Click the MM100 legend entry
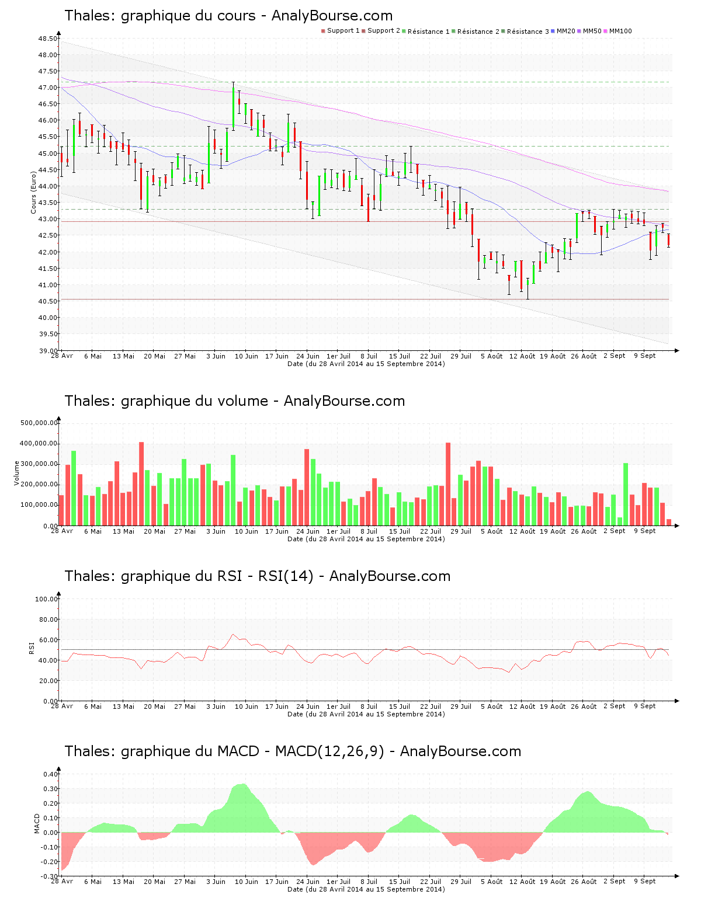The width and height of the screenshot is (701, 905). click(x=620, y=31)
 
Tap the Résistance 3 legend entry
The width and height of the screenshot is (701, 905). click(x=528, y=31)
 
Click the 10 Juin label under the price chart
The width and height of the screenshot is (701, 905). click(x=246, y=356)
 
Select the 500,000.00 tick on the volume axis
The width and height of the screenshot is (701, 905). click(x=39, y=423)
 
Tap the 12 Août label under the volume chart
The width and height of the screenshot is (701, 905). click(x=522, y=531)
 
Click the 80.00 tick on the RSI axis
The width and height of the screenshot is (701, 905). click(x=46, y=619)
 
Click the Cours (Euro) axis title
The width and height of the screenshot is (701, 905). click(x=33, y=192)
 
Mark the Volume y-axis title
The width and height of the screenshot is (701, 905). click(x=16, y=473)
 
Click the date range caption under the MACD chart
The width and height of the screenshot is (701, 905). click(x=366, y=889)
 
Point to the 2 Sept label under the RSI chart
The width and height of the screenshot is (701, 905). click(x=614, y=706)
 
